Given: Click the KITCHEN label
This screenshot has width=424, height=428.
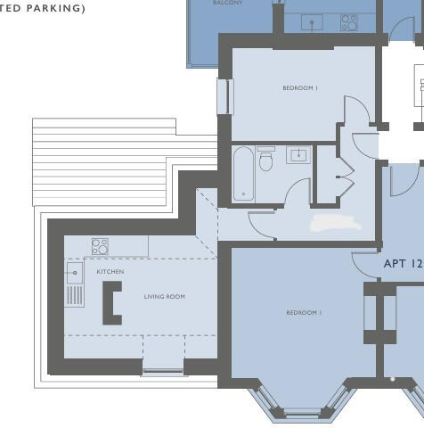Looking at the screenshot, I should [110, 271].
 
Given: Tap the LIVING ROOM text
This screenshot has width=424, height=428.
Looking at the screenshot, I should [165, 296].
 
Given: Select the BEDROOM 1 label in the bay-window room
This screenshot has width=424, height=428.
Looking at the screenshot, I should [304, 313].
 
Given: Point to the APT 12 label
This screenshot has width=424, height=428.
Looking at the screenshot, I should [402, 264].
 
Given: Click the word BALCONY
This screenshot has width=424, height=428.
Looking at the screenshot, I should [228, 4].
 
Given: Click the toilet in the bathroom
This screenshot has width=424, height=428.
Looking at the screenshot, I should [265, 160].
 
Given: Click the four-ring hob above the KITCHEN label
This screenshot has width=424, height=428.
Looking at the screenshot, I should [100, 246].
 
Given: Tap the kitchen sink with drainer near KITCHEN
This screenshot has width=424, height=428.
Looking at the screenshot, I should [75, 284].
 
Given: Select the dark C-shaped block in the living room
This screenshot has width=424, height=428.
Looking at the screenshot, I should [111, 303].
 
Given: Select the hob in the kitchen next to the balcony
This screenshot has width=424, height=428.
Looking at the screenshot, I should [348, 21].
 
